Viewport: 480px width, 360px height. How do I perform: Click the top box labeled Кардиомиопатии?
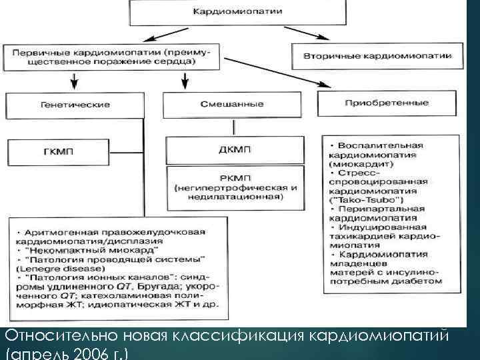[237, 11]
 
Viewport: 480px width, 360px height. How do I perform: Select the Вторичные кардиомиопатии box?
[377, 56]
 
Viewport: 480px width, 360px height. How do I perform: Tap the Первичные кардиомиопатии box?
[100, 56]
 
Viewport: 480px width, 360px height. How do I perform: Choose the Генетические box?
[75, 105]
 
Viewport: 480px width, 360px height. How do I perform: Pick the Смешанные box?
[231, 105]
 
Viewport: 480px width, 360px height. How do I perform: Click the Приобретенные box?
[387, 103]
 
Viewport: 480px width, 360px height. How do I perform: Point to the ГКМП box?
[58, 152]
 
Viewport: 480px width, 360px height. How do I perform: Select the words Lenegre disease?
[47, 268]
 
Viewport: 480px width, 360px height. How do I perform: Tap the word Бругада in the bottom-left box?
[155, 287]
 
